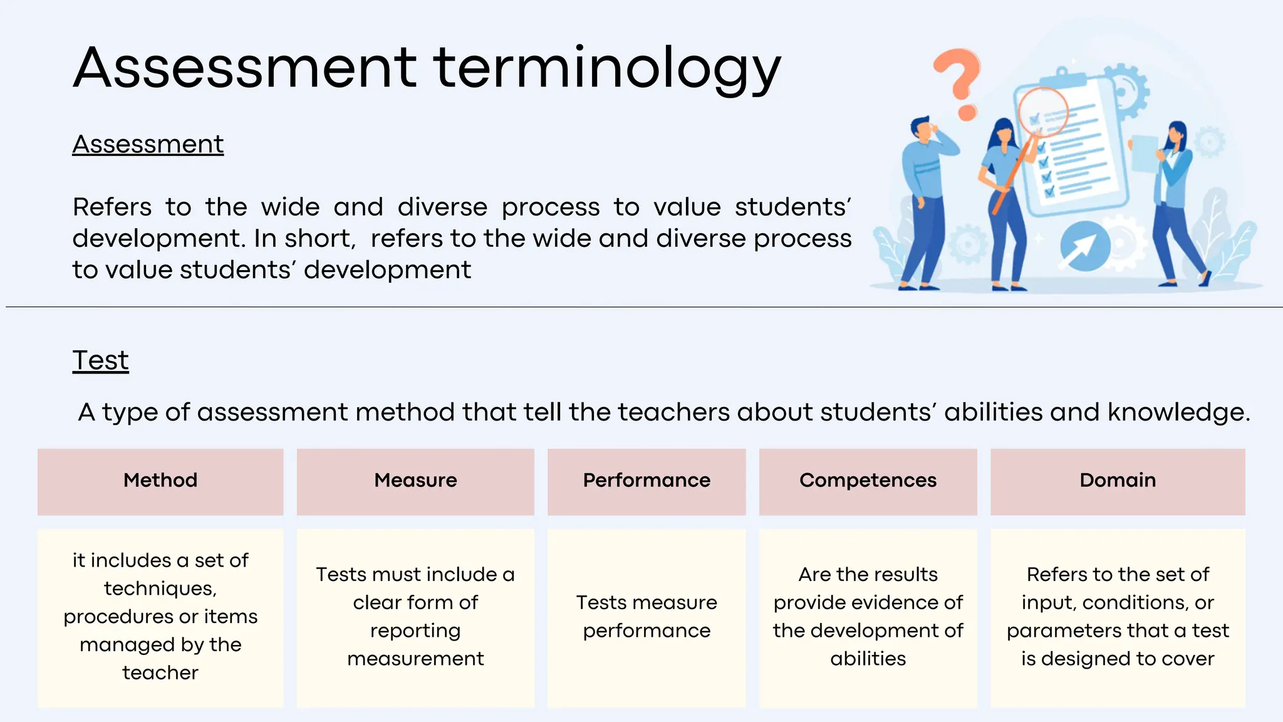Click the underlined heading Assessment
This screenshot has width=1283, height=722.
[x=148, y=144]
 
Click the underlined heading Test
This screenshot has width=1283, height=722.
[x=100, y=360]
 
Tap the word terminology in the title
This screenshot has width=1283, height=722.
[x=606, y=69]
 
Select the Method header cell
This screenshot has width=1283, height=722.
[x=160, y=481]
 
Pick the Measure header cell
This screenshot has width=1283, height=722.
[x=415, y=481]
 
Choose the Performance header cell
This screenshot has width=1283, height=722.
[x=647, y=481]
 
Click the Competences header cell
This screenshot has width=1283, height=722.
[x=868, y=481]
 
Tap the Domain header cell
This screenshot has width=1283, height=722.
[x=1118, y=481]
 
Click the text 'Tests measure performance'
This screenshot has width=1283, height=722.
[x=647, y=616]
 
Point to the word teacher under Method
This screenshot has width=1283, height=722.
[x=160, y=672]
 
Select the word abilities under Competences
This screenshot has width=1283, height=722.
[x=868, y=659]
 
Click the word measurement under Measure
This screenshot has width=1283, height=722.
[x=415, y=659]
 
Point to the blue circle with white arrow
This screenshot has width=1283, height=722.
[x=1085, y=246]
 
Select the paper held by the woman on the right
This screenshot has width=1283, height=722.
[x=1144, y=154]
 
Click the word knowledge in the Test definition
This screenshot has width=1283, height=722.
[x=1178, y=412]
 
